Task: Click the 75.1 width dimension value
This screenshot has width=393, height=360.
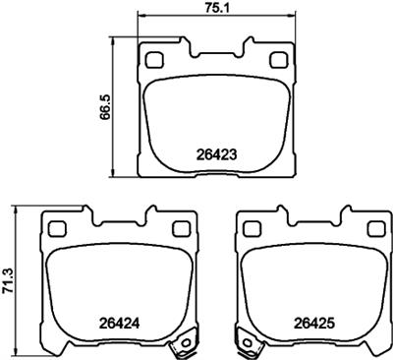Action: [x=214, y=9]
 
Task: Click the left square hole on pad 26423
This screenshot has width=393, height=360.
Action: [x=152, y=59]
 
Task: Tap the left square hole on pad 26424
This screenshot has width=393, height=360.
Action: [x=56, y=228]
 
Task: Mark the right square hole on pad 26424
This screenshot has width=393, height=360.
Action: [x=179, y=228]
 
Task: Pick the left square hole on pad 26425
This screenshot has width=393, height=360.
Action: [x=251, y=228]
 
